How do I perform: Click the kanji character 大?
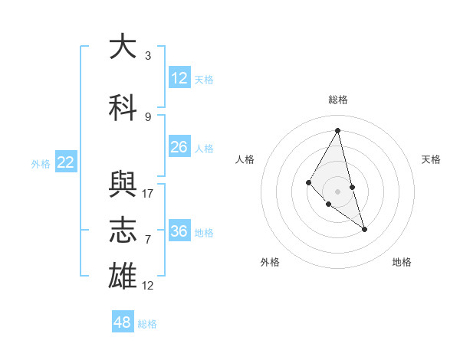(x=122, y=47)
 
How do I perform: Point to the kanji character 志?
(x=122, y=230)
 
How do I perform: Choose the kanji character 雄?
(x=122, y=276)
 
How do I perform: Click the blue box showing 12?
(x=179, y=77)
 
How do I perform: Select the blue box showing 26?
(x=179, y=147)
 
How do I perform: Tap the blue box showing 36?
(x=179, y=231)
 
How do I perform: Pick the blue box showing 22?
(x=66, y=162)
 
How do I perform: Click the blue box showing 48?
(x=122, y=322)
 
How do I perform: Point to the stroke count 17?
(x=148, y=193)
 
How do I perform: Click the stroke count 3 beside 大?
(x=148, y=55)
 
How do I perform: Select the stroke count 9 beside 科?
(x=148, y=116)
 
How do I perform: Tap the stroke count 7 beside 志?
(x=148, y=239)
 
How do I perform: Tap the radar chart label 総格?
(x=338, y=100)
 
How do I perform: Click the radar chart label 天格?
(x=431, y=159)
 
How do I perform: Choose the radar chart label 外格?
(x=270, y=262)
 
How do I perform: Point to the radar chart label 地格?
(x=402, y=262)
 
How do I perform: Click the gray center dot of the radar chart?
(x=337, y=191)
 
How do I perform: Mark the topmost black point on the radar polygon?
(x=337, y=130)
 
